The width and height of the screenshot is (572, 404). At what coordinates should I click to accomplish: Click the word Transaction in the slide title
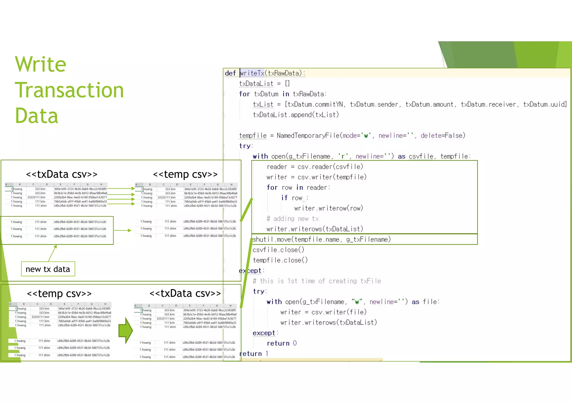pos(69,90)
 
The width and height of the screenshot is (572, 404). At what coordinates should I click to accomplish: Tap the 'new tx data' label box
pos(48,269)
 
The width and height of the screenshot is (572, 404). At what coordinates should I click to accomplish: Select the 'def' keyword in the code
pos(230,73)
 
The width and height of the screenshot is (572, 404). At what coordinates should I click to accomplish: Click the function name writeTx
pos(252,73)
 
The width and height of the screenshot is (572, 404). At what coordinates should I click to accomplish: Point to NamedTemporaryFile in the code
pos(308,136)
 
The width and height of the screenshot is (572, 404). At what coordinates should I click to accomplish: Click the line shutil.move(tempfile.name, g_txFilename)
pos(321,239)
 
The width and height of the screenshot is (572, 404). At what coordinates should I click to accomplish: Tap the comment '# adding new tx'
pos(292,219)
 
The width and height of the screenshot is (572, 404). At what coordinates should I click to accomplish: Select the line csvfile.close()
pos(278,250)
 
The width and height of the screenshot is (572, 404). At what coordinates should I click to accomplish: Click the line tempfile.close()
pos(280,260)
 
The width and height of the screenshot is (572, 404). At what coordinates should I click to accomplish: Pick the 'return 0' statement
pos(282,343)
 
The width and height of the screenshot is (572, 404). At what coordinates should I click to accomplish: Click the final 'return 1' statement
pos(254,353)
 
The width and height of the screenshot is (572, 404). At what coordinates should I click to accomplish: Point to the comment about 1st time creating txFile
pos(317,281)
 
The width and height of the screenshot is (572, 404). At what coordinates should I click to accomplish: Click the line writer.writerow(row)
pos(328,208)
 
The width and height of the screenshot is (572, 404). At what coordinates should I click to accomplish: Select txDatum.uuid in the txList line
pos(545,104)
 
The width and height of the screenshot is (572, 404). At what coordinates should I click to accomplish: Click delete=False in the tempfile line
pos(443,136)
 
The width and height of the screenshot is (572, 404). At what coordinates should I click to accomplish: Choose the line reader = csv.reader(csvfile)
pos(314,167)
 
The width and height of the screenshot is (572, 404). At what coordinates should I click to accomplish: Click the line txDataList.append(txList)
pos(296,115)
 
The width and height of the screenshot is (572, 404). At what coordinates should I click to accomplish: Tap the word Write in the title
pos(40,64)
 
